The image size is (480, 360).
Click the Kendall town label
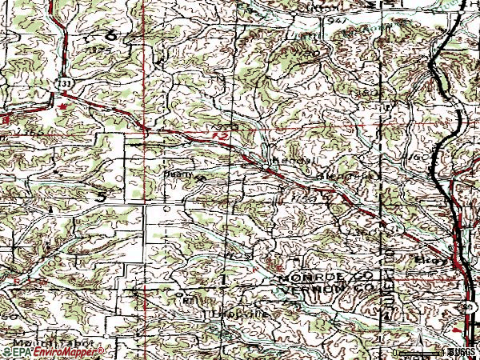286,161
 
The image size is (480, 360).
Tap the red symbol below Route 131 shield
62,105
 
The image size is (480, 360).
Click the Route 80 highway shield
467,306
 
